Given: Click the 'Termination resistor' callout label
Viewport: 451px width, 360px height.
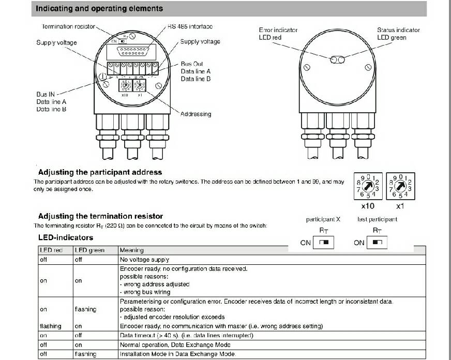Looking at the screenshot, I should [x=68, y=26].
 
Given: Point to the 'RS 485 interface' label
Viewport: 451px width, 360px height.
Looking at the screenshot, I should [x=190, y=26].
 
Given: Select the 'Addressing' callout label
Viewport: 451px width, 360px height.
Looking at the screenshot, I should [x=196, y=114].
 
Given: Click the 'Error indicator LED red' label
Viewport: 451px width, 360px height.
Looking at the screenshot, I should [x=278, y=34].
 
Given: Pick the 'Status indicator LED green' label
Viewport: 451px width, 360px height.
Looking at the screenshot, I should [x=398, y=34].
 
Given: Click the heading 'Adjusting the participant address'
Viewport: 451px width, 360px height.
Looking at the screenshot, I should [x=100, y=172].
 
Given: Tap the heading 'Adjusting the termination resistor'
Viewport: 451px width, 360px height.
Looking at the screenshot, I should [x=100, y=216].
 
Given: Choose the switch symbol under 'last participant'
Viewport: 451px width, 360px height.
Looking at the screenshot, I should [x=378, y=242].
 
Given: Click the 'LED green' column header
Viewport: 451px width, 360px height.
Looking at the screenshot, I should [x=89, y=250].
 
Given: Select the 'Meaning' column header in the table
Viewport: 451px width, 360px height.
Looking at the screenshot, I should [x=131, y=250].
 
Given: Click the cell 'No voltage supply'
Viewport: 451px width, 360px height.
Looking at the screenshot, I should [x=144, y=260].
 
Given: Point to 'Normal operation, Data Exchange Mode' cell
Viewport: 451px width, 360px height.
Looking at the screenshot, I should [x=176, y=344].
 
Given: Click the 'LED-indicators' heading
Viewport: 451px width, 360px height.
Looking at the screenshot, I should [x=66, y=237].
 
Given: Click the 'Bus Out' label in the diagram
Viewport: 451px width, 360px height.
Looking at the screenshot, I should [x=192, y=64].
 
